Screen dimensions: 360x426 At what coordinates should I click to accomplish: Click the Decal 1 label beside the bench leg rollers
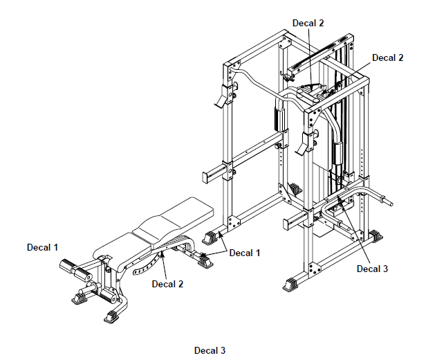coord(43,246)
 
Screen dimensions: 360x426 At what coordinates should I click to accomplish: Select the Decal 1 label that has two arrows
coord(245,253)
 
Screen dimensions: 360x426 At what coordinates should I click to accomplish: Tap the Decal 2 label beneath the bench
coord(168,283)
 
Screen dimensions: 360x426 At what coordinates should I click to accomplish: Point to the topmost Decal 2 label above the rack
coord(308,23)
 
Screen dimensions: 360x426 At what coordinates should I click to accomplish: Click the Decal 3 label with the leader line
coord(373,269)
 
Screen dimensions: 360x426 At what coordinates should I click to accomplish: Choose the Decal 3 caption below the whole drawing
coord(210,350)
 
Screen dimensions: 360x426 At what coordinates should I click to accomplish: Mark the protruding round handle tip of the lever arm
coord(388,204)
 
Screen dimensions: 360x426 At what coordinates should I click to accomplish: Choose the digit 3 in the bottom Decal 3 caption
coord(223,350)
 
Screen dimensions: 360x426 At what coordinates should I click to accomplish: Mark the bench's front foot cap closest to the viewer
coord(111,317)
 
